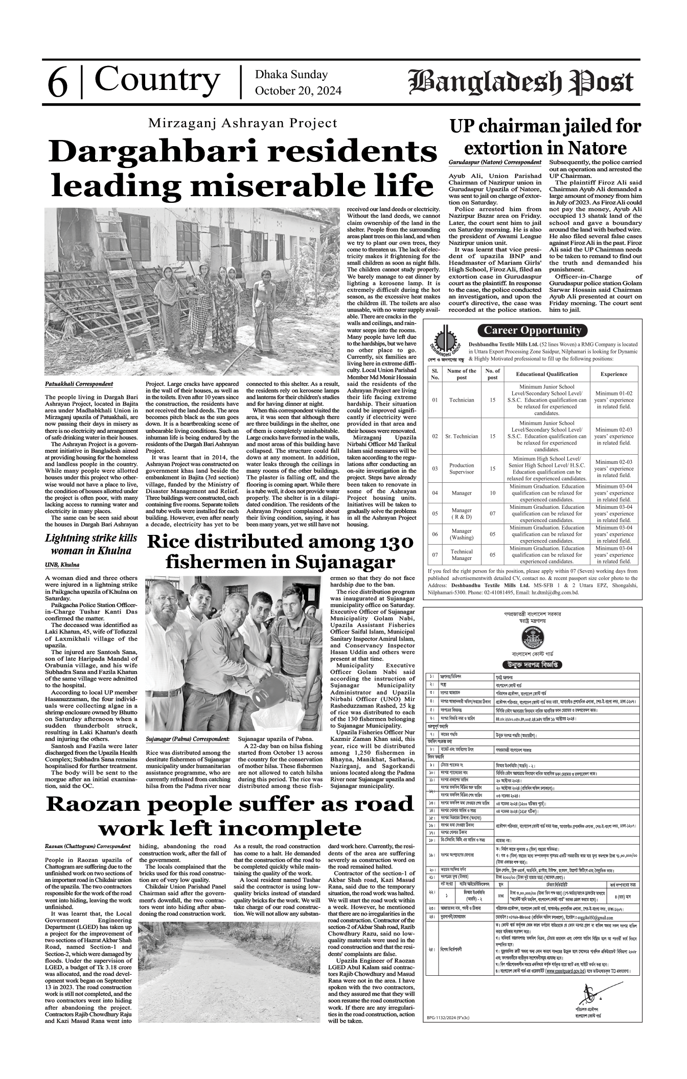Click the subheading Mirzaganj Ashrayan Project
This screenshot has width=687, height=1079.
243,123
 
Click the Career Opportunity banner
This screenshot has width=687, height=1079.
532,330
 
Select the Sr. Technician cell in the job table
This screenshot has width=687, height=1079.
461,436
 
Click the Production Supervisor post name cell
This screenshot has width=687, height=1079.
461,468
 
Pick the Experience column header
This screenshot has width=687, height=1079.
613,374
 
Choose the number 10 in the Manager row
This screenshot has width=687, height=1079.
492,493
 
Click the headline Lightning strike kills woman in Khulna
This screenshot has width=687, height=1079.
91,544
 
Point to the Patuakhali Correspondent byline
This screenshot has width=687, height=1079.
79,383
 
